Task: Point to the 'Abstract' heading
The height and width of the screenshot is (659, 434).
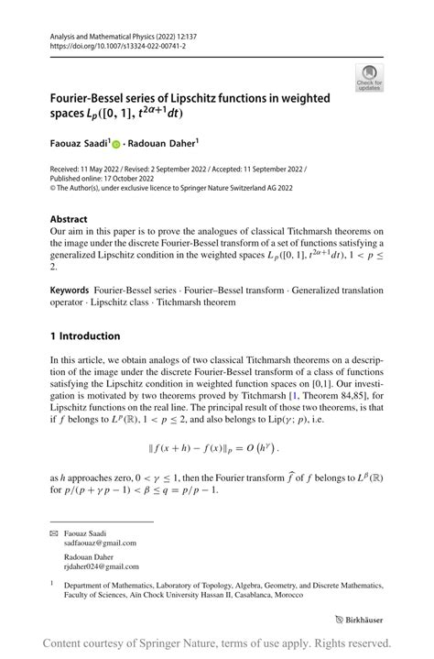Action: [x=69, y=220]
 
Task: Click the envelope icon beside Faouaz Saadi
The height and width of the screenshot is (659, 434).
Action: [x=53, y=533]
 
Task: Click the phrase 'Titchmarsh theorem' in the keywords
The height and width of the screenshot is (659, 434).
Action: [x=196, y=302]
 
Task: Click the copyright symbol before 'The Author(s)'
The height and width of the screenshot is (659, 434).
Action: [x=53, y=190]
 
